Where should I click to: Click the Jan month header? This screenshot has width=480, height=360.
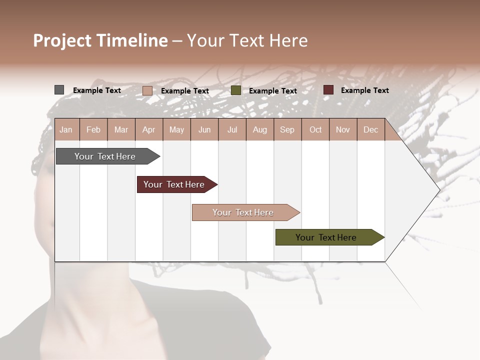[66, 130]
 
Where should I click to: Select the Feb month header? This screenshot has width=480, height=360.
[93, 130]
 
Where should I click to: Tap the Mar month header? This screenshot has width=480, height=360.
[121, 130]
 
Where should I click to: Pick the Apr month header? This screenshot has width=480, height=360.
[149, 130]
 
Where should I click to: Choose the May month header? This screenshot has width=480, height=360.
[176, 130]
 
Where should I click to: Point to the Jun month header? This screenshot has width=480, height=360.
[204, 130]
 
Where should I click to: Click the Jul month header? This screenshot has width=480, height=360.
[232, 130]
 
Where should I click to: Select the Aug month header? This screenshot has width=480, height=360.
[260, 130]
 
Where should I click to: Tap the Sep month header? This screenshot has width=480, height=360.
[287, 130]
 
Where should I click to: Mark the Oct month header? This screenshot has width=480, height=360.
[315, 130]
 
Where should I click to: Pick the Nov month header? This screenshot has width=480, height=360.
[343, 130]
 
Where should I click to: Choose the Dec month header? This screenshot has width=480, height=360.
[370, 130]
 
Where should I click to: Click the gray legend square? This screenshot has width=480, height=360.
[59, 90]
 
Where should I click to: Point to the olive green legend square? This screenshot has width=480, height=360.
[236, 90]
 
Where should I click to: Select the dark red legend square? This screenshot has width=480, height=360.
[328, 90]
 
